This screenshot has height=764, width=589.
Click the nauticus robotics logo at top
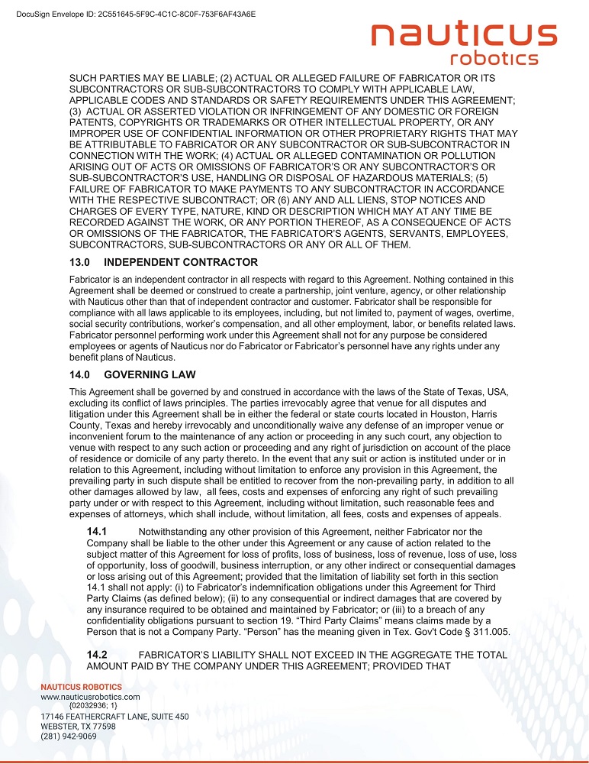coord(463,44)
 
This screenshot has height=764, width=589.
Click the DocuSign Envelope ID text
coord(136,14)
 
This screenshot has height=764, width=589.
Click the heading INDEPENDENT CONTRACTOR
coord(181,262)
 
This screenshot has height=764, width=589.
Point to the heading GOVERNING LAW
coord(150,374)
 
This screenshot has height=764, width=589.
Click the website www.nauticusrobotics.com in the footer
coord(90,697)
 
